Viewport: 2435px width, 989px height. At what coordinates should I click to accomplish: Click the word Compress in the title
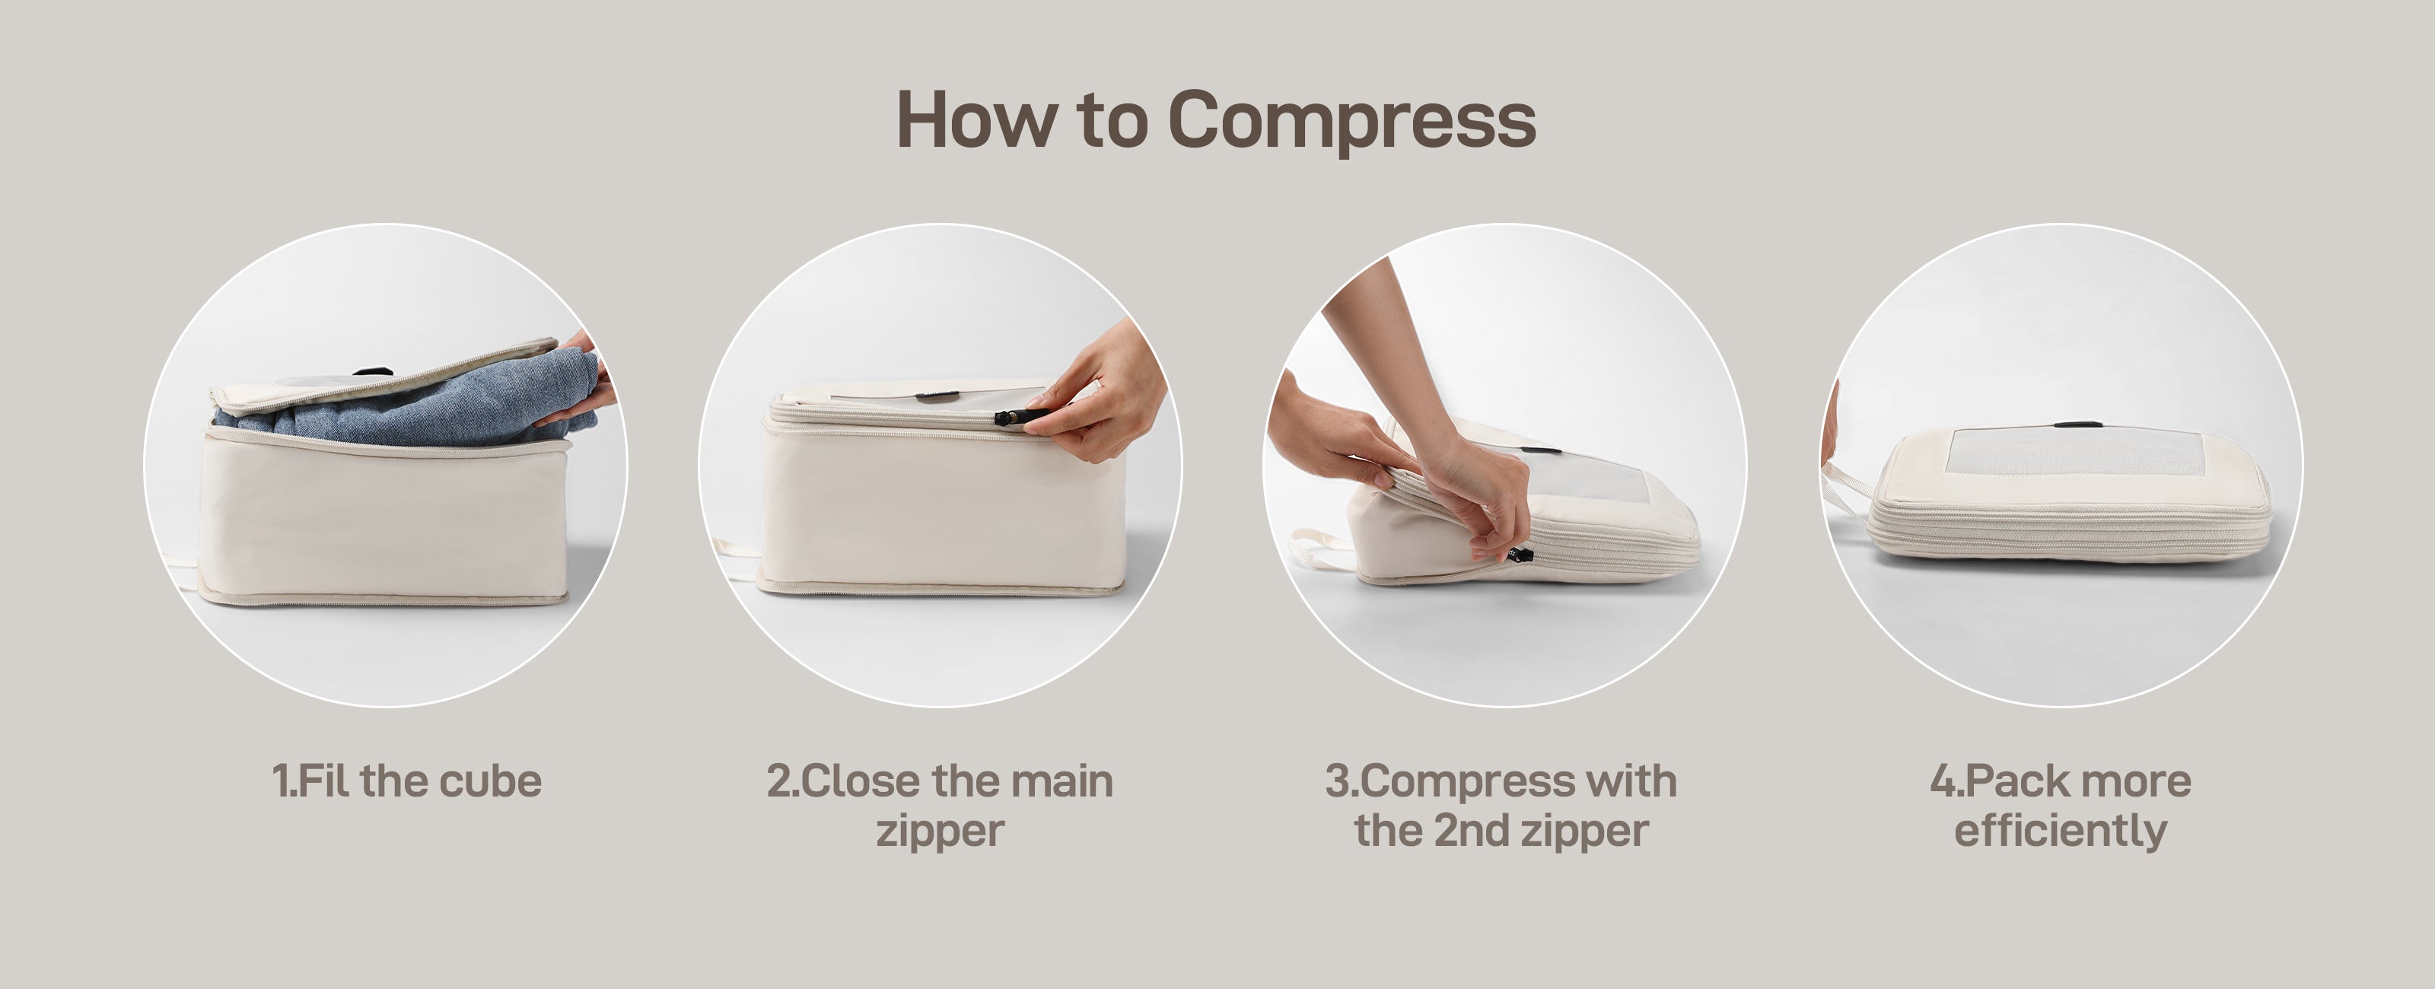coord(1351,120)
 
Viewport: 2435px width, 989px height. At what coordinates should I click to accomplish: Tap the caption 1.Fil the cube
coord(406,782)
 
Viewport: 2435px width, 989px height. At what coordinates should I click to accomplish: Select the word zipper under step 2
coord(940,831)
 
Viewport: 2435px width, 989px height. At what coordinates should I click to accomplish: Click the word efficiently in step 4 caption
coord(2060,830)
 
